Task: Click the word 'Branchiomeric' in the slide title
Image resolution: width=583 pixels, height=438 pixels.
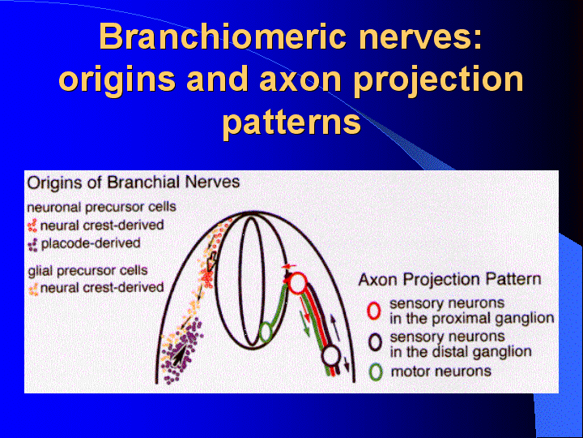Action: click(x=223, y=36)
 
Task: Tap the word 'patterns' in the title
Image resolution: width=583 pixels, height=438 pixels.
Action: click(x=291, y=122)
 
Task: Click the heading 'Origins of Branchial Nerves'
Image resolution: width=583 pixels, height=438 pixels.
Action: click(x=134, y=182)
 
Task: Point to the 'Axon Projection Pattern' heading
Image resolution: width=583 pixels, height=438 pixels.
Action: click(x=449, y=279)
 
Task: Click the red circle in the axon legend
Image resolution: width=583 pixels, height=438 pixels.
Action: click(x=373, y=311)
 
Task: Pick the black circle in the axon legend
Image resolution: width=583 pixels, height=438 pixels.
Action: click(x=375, y=342)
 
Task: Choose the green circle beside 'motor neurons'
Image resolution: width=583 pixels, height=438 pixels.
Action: click(x=376, y=371)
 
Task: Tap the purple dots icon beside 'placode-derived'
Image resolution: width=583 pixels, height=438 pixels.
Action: click(x=33, y=245)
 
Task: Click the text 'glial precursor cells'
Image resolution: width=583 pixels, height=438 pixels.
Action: click(x=87, y=270)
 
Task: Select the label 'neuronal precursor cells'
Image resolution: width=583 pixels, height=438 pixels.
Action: click(x=102, y=207)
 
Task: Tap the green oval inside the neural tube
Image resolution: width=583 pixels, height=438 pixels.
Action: click(x=265, y=332)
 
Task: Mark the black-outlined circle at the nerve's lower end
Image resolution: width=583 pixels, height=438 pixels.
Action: click(x=330, y=356)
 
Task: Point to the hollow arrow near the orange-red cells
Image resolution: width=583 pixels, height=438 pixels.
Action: click(x=211, y=261)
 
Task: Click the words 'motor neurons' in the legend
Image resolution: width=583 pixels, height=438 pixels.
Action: click(x=441, y=371)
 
